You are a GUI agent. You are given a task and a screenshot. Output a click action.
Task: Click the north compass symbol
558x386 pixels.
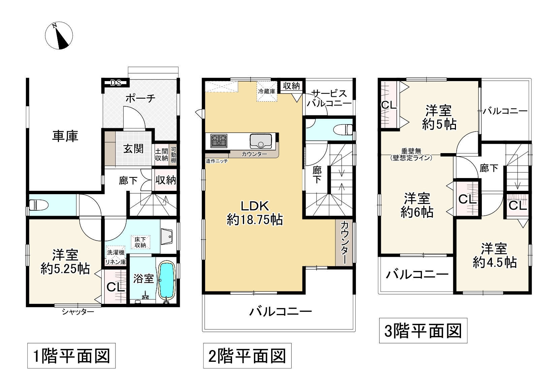(x=59, y=36)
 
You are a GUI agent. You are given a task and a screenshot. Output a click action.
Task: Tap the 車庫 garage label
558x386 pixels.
(x=65, y=136)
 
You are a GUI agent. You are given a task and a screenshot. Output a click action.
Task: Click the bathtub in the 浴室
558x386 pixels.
(x=167, y=280)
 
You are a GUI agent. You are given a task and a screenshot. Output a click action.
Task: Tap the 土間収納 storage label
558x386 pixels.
(x=161, y=154)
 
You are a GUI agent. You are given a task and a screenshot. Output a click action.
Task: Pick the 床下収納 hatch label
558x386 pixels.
(x=140, y=242)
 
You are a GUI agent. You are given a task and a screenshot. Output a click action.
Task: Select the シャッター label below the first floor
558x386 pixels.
(x=78, y=312)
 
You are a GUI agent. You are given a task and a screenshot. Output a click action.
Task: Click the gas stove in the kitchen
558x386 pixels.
(x=219, y=141)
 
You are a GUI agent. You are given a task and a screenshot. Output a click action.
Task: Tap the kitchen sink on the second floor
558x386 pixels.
(x=261, y=141)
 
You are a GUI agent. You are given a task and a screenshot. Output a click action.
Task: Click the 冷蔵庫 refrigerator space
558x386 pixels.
(x=267, y=91)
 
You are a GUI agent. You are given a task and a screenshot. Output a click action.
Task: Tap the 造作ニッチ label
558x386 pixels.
(x=217, y=161)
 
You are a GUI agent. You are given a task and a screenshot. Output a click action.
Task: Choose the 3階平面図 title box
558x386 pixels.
(x=423, y=330)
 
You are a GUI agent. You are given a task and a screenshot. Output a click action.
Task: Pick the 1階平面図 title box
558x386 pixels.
(x=71, y=356)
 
